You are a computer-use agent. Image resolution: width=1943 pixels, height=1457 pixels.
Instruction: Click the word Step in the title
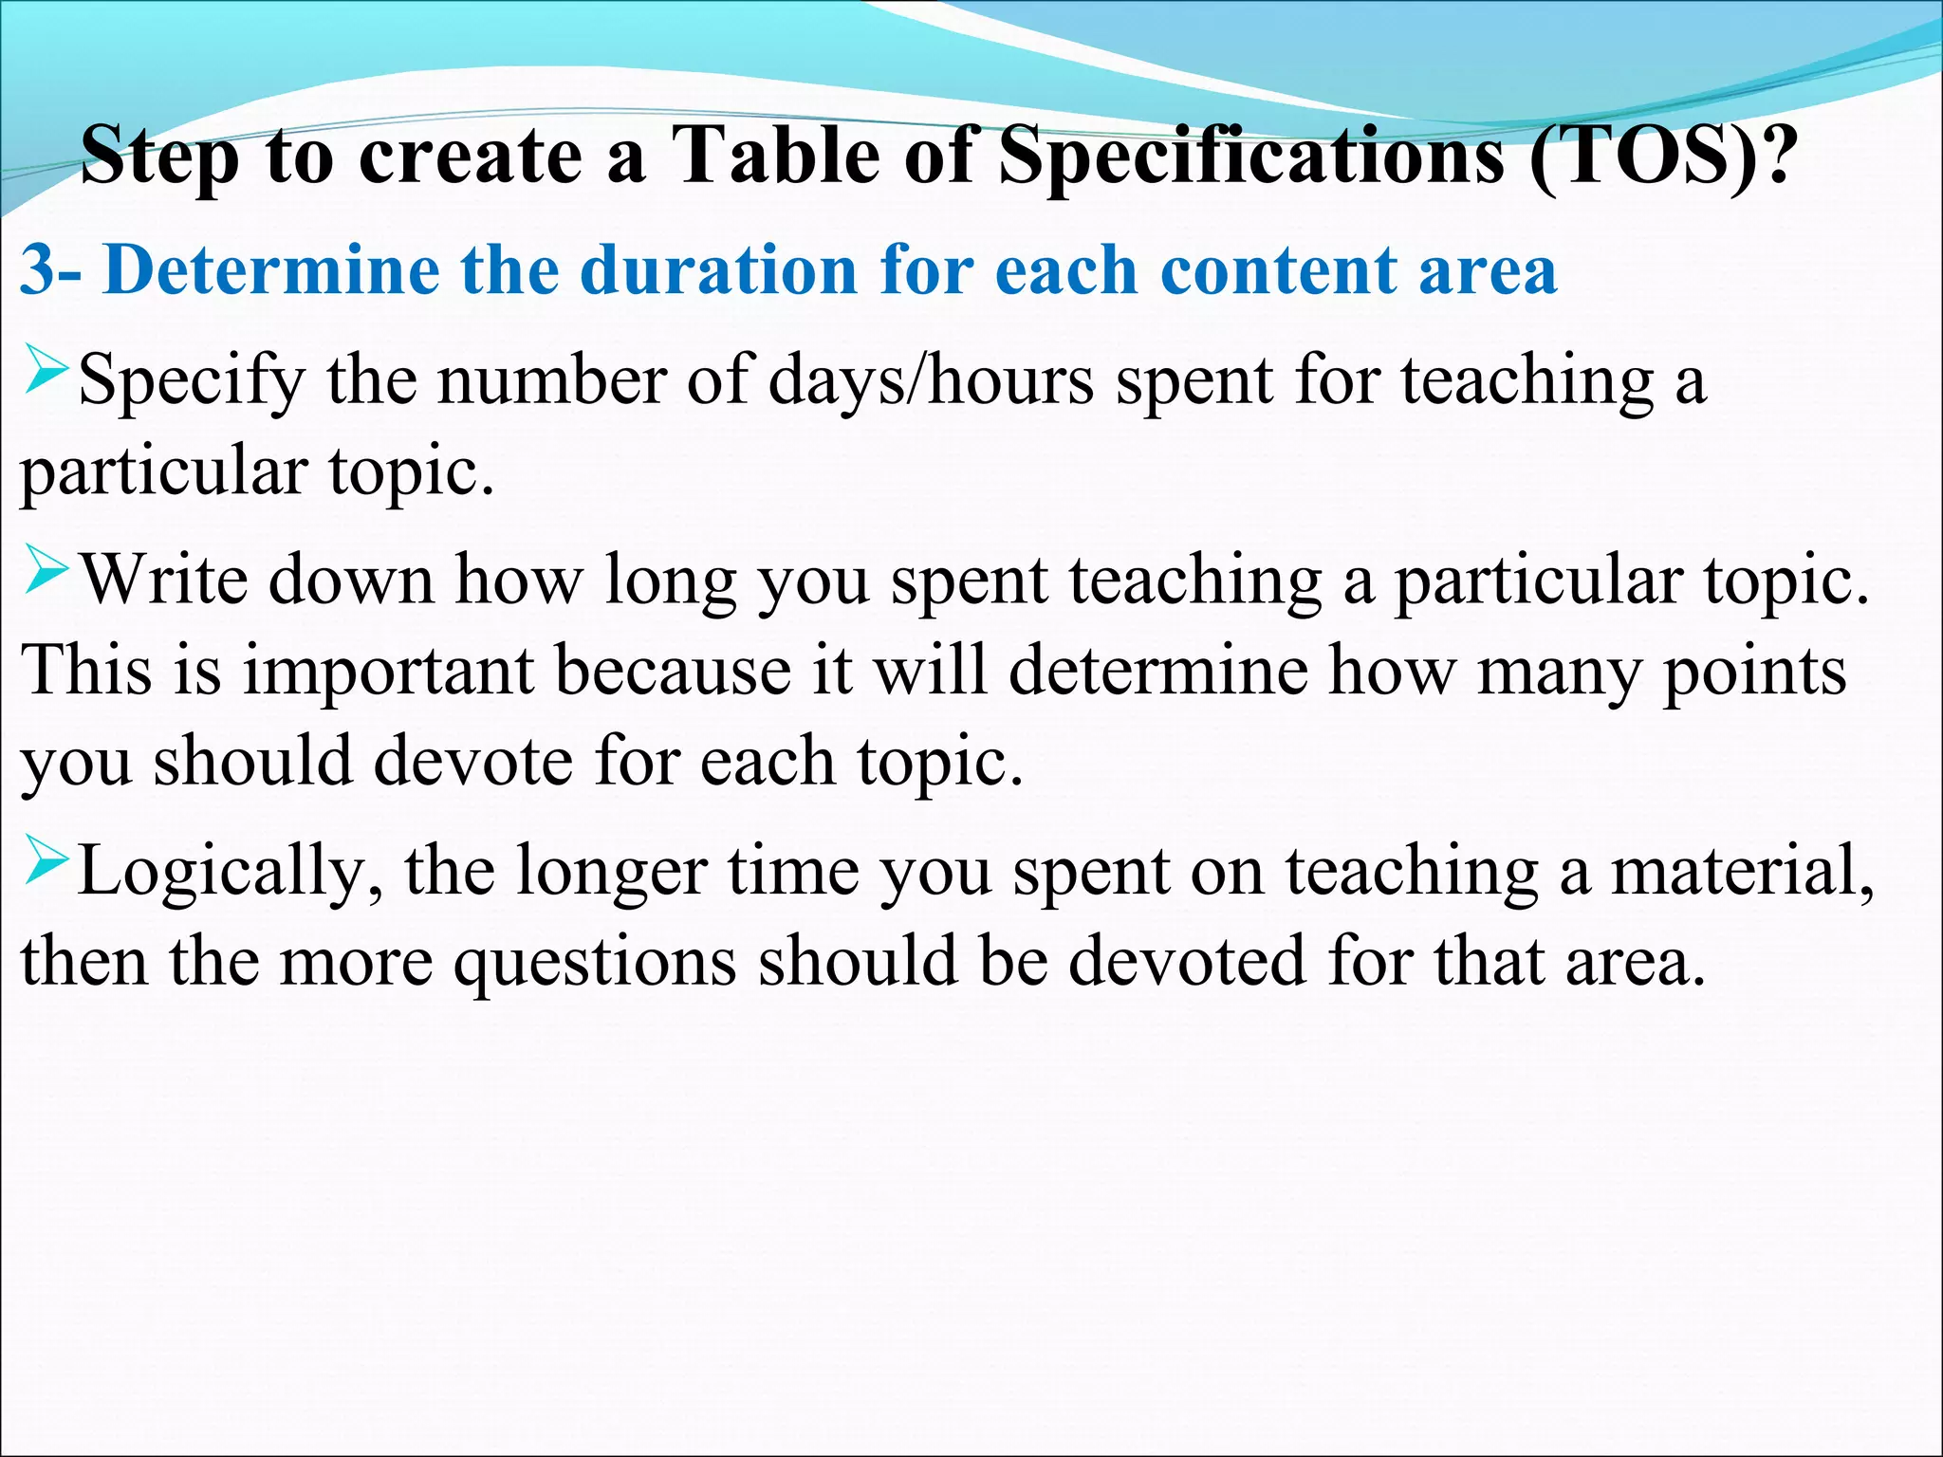pos(159,157)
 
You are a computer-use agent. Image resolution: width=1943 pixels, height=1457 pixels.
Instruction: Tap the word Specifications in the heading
pos(1251,157)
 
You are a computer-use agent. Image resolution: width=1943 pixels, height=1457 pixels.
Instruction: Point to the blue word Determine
pos(271,270)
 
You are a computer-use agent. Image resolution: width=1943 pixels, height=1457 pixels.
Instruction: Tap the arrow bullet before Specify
pos(45,372)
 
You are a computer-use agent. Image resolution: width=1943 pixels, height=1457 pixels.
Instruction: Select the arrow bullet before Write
pos(45,572)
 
